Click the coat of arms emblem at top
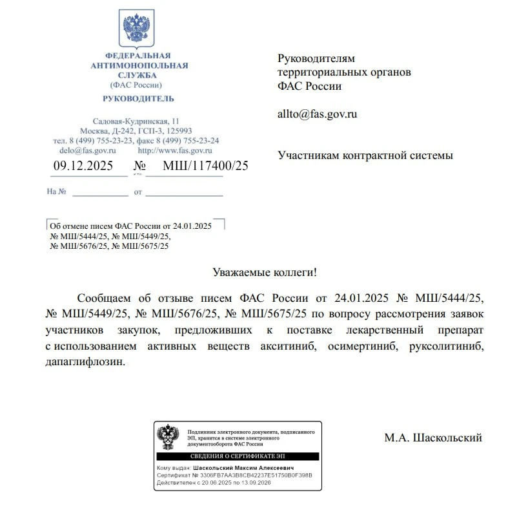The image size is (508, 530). [136, 28]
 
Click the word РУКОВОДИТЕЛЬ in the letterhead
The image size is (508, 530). [138, 98]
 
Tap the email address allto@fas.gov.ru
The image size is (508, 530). [317, 114]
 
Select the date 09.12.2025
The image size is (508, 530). [83, 165]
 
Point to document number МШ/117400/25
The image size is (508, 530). [205, 165]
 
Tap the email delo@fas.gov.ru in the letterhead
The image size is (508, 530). [83, 150]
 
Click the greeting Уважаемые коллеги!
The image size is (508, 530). [265, 273]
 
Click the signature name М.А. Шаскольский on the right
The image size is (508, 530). [433, 438]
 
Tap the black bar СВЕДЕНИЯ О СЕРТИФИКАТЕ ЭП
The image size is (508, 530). [237, 456]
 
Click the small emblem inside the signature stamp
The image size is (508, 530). [169, 437]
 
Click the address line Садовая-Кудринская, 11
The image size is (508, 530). [136, 122]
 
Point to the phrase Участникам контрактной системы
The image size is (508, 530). [365, 155]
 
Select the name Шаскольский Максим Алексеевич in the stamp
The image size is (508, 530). [249, 467]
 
